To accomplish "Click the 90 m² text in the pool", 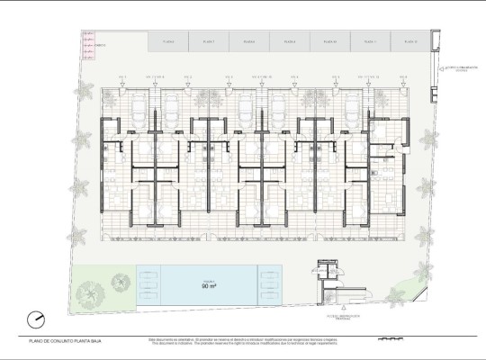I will click(208, 286).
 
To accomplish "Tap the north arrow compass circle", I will click(36, 318).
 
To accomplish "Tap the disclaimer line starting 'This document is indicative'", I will click(229, 342).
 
